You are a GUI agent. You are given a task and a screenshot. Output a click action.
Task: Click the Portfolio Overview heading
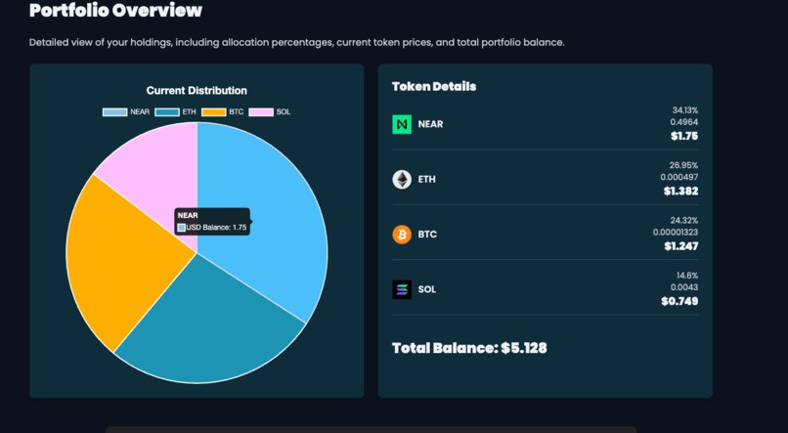click(x=115, y=12)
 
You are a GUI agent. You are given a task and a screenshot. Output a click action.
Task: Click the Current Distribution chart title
click(x=197, y=91)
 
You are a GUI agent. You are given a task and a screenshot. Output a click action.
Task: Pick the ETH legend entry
click(x=176, y=112)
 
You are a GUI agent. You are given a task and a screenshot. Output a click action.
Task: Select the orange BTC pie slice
click(x=117, y=259)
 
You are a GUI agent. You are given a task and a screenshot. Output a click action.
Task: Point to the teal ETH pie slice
click(x=210, y=327)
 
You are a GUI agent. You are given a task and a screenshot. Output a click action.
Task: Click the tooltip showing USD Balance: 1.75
click(x=212, y=221)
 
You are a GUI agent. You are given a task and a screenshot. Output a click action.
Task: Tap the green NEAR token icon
click(x=402, y=124)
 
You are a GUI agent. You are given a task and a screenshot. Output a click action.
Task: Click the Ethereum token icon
click(x=402, y=179)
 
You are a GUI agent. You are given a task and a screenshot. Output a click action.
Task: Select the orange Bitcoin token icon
click(x=402, y=235)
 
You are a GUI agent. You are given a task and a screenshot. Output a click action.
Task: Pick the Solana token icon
click(x=402, y=289)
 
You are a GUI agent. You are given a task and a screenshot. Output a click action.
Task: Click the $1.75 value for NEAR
click(x=683, y=137)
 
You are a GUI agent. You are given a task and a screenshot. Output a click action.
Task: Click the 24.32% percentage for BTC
click(x=683, y=220)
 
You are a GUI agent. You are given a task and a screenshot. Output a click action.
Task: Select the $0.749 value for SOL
click(x=679, y=301)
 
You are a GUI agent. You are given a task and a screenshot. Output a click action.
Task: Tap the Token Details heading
click(x=434, y=86)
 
